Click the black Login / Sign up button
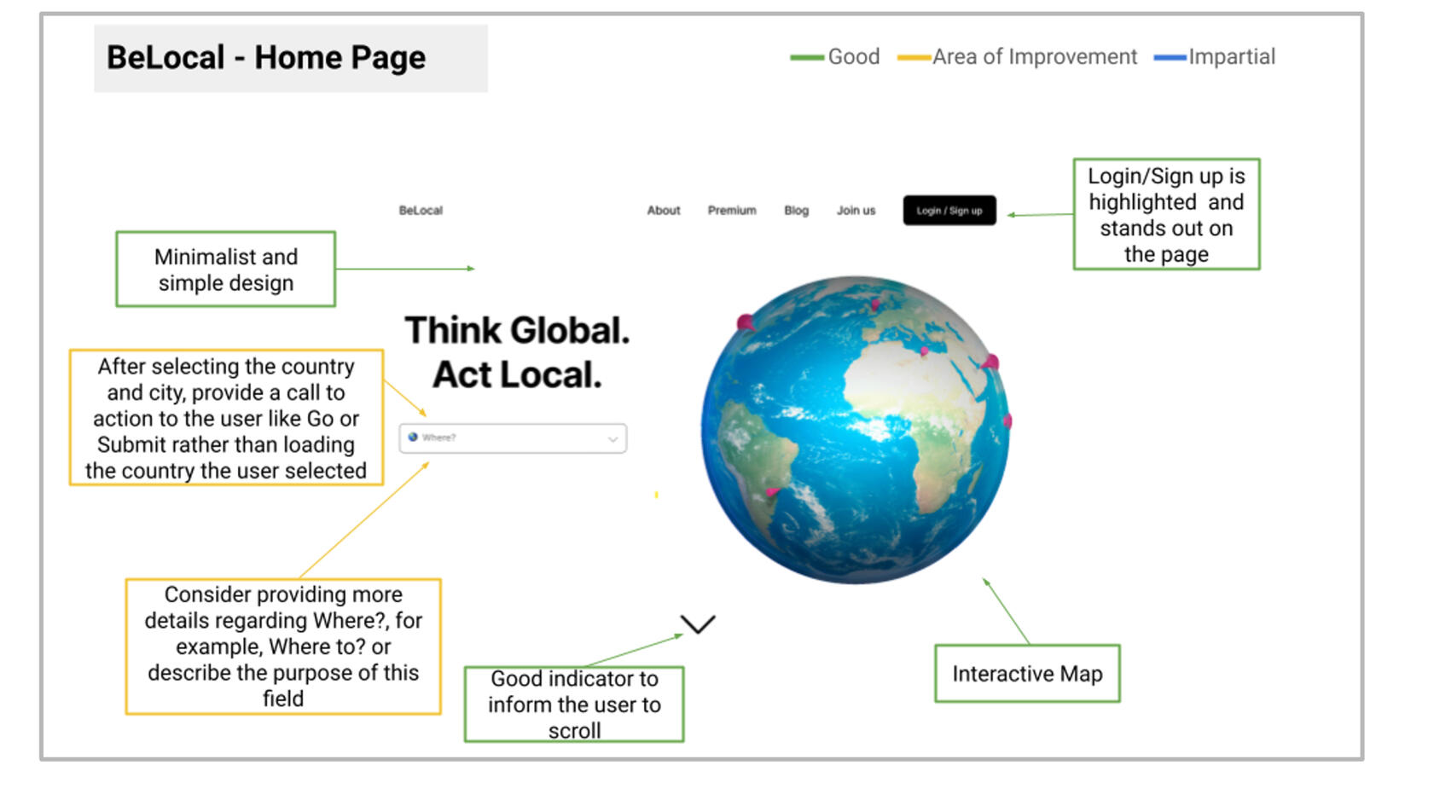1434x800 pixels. coord(949,211)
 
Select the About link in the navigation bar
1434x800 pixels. coord(663,211)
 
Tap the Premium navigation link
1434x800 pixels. coord(732,211)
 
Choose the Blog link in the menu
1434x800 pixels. coord(797,211)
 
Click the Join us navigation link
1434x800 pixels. coord(856,211)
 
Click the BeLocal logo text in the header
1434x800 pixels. coord(421,211)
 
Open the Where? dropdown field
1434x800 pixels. coord(513,438)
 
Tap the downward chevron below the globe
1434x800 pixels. coord(698,624)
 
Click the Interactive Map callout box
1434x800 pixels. coord(1027,673)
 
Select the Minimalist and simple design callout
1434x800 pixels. coord(226,269)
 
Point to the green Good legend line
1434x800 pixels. coord(807,58)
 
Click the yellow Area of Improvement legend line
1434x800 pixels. coord(914,58)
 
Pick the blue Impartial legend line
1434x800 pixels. coord(1170,58)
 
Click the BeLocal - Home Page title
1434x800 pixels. coord(266,58)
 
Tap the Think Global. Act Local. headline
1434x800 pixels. coord(517,352)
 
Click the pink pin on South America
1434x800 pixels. coord(773,491)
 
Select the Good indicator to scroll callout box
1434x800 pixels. coord(574,704)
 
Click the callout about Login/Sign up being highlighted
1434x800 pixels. coord(1166,214)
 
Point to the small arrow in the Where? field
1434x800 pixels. coord(612,439)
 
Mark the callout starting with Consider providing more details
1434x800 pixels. coord(283,646)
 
